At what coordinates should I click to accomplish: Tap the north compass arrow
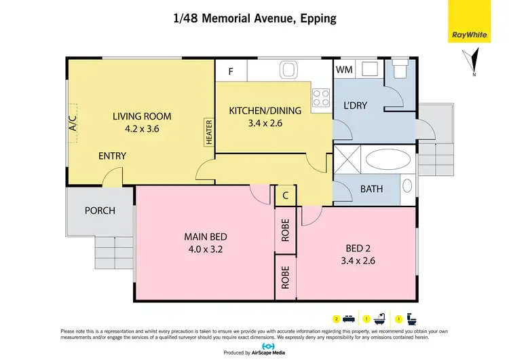coord(473,62)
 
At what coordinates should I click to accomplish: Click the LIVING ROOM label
coord(142,116)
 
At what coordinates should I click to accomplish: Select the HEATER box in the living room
coord(209,132)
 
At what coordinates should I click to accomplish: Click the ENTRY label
coord(112,156)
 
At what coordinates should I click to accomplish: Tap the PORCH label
coord(100,211)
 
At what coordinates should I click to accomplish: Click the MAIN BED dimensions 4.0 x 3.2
coord(205,249)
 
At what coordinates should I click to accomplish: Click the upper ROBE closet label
coord(285,232)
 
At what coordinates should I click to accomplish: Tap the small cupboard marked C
coord(285,195)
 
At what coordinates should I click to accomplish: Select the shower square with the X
coord(348,161)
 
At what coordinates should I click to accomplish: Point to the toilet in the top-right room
coord(398,70)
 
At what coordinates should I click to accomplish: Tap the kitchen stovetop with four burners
coord(320,101)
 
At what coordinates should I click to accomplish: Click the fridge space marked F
coord(231,71)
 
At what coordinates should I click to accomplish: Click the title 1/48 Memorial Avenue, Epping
coord(254,18)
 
